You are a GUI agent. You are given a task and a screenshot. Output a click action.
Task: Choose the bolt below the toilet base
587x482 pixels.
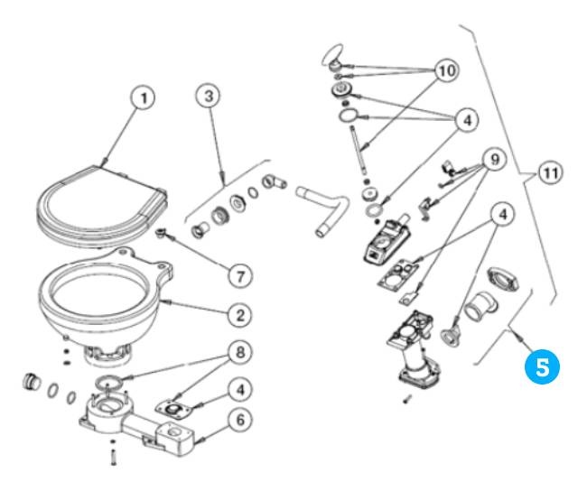112,456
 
